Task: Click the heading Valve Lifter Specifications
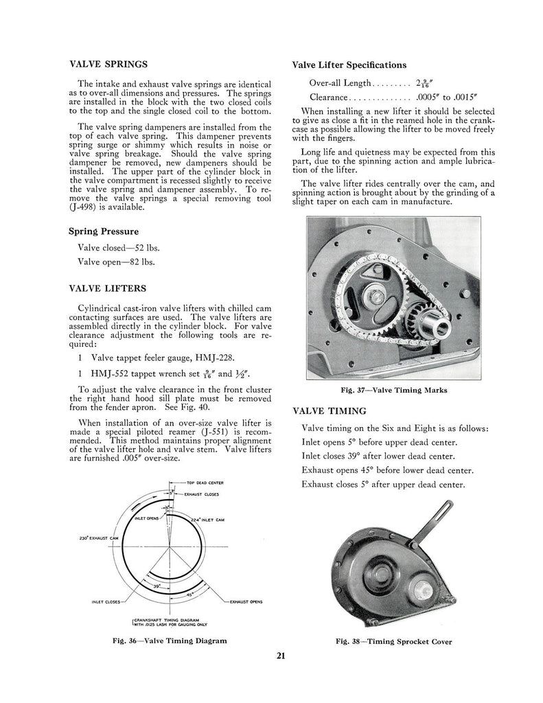(349, 65)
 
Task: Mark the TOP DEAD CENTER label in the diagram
(208, 483)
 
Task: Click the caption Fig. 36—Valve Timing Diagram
(170, 641)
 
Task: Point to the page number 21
(281, 655)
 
